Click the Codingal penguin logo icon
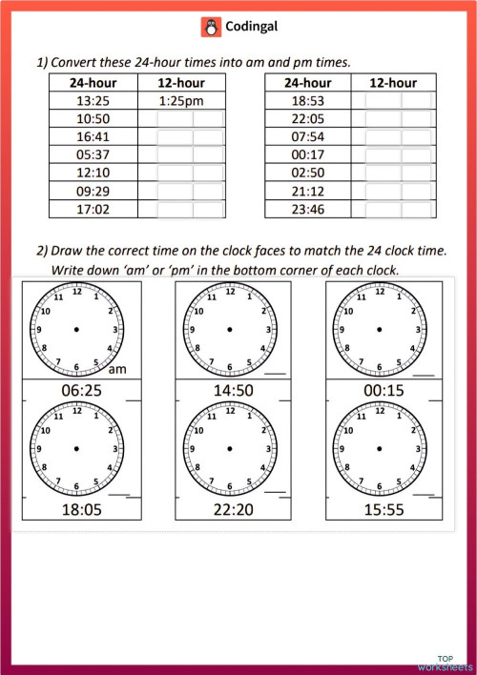click(x=211, y=28)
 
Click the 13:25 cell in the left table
click(x=93, y=101)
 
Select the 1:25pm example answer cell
click(x=182, y=101)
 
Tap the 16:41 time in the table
click(x=93, y=137)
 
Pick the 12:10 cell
click(x=93, y=174)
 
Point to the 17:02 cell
click(x=93, y=210)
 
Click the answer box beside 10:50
click(x=191, y=119)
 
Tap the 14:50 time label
click(x=228, y=389)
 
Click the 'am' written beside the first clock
click(x=119, y=370)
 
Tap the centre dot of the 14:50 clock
click(x=229, y=330)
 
